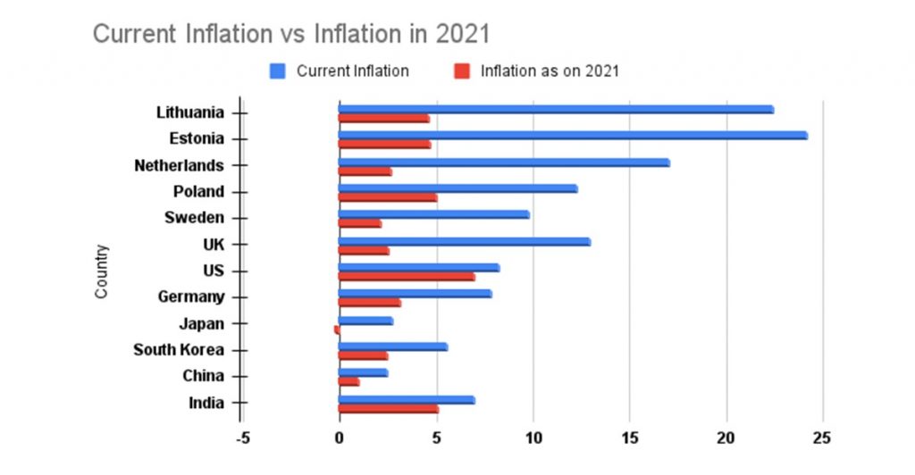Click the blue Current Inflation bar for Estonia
click(572, 136)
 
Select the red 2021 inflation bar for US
click(406, 277)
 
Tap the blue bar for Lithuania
click(555, 109)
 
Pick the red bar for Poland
click(387, 197)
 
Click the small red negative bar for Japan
click(336, 329)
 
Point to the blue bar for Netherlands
click(503, 162)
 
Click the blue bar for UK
click(464, 241)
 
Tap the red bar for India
click(388, 409)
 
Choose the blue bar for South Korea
click(392, 346)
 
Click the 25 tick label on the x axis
click(823, 438)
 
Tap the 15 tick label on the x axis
click(630, 438)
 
